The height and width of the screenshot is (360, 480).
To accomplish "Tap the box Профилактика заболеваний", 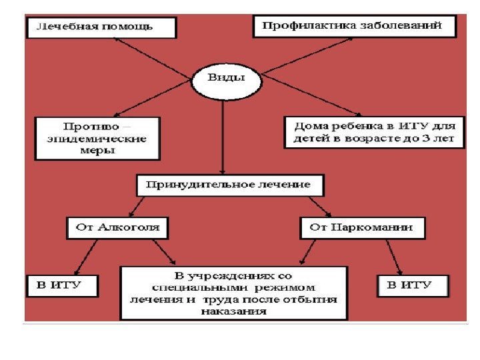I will [355, 27].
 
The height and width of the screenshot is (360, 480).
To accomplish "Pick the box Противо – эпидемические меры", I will [97, 139].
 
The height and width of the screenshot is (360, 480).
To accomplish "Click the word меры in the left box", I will [97, 151].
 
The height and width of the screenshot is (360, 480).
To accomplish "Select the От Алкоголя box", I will [118, 227].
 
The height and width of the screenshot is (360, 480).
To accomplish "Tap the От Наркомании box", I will [361, 227].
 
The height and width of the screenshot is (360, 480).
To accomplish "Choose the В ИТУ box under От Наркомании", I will [413, 286].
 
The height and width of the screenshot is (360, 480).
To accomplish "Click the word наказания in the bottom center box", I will [233, 311].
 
